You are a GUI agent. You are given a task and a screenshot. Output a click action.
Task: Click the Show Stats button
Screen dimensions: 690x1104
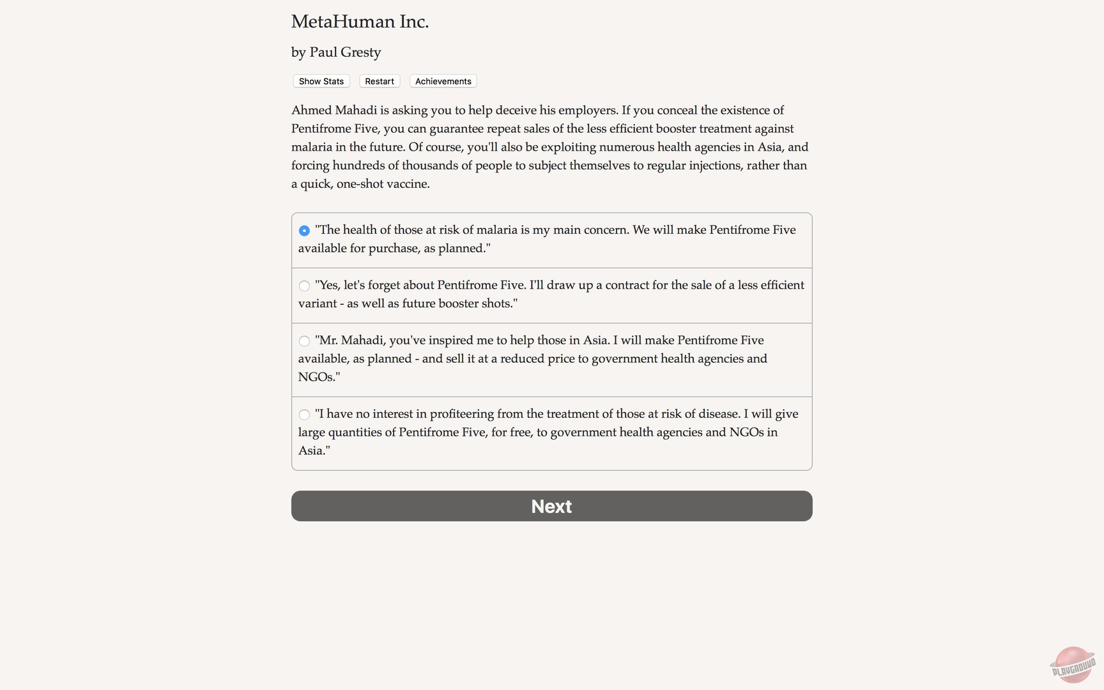click(321, 81)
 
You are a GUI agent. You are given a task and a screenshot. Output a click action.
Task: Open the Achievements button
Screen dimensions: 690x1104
click(443, 81)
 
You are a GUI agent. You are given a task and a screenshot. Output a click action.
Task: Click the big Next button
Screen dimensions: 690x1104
click(551, 506)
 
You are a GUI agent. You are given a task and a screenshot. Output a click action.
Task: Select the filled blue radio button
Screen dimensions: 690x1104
click(304, 231)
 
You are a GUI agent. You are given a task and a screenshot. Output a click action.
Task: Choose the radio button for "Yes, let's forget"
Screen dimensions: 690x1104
click(304, 286)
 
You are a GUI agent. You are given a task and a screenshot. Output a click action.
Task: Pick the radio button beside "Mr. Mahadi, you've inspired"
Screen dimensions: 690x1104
click(304, 341)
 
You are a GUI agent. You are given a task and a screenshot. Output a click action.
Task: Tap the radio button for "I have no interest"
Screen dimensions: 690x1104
click(304, 415)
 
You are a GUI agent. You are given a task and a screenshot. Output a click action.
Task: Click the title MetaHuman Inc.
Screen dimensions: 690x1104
click(360, 22)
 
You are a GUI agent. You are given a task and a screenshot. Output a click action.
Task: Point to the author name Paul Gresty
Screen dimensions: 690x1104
click(345, 52)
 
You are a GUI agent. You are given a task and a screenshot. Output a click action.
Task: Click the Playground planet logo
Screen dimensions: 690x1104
click(1073, 664)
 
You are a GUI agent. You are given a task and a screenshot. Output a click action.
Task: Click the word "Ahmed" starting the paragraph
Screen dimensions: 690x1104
click(311, 111)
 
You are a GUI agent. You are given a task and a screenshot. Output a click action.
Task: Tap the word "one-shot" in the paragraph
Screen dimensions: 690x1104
click(360, 184)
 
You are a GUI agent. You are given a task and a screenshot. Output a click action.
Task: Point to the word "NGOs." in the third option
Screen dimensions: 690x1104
click(319, 377)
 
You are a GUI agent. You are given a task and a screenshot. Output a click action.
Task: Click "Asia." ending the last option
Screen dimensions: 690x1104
click(314, 450)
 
